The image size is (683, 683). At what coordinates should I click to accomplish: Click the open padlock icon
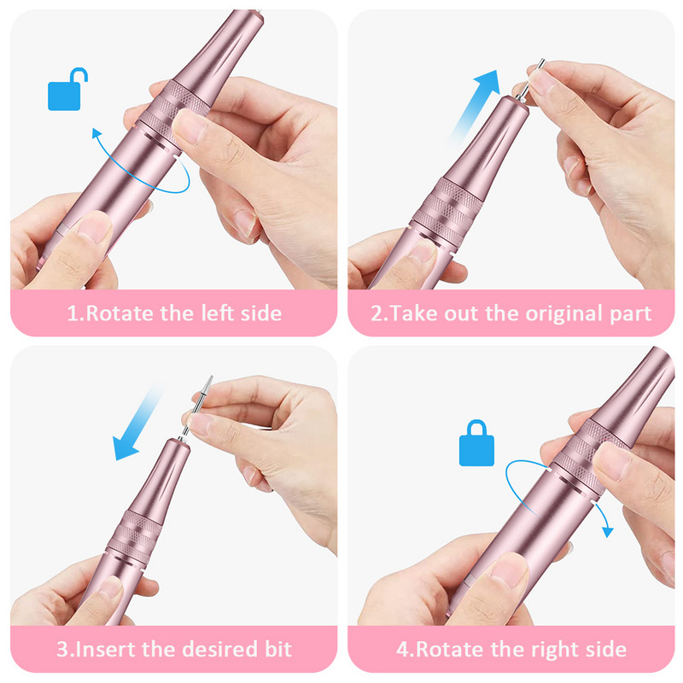pos(66,90)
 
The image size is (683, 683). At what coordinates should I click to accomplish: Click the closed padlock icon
pos(476,443)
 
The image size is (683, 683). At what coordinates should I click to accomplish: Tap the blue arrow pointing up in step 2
pos(475,107)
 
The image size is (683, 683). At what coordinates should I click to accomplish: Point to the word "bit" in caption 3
pos(278,649)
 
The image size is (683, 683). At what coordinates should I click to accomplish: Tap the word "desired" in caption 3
pos(221,649)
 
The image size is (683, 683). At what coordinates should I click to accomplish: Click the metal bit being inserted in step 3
pos(196,407)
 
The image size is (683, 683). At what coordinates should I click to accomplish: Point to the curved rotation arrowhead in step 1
pos(96,132)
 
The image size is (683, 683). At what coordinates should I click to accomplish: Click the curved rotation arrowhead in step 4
pos(607,532)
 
